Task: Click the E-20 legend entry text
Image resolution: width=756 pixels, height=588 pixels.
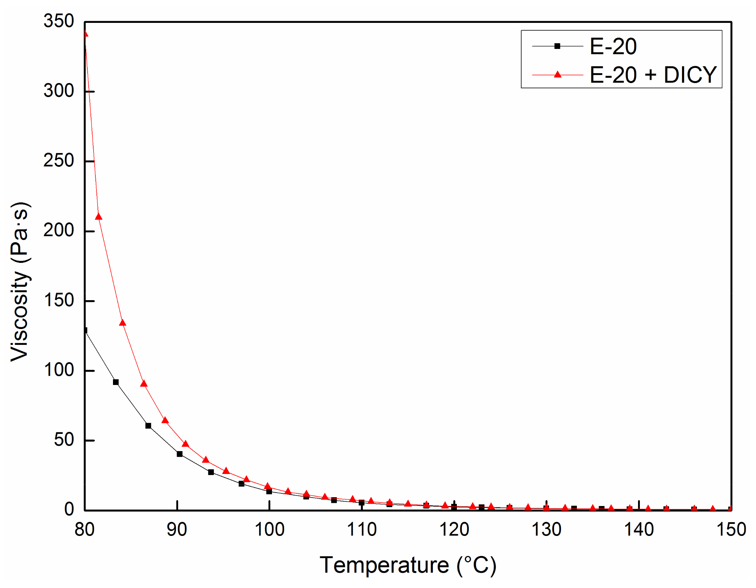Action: pos(613,46)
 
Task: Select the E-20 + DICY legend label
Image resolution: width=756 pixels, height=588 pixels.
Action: pos(653,75)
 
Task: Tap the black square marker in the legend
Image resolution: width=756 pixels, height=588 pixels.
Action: pos(557,46)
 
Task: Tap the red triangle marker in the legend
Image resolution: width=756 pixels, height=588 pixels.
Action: pos(557,74)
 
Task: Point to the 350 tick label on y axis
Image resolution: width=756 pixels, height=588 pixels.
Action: pos(58,21)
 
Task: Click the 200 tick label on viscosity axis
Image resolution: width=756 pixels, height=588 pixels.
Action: pos(58,230)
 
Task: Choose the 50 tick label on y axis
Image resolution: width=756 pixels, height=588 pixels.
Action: pos(64,440)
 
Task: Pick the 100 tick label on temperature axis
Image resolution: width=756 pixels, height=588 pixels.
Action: pos(269,529)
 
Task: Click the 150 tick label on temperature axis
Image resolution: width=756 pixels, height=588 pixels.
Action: pos(731,529)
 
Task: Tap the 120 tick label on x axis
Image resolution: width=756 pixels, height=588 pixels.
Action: pos(454,529)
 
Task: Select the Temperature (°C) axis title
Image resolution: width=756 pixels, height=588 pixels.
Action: pos(408,565)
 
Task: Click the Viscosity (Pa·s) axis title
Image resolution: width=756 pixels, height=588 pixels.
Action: pos(20,282)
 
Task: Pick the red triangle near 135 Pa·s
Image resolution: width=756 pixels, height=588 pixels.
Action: pos(122,323)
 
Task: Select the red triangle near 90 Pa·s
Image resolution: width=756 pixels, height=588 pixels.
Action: pos(144,384)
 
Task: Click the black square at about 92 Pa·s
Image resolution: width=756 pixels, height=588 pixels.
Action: pos(116,382)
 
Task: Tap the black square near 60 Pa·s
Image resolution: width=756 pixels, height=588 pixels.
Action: pos(148,426)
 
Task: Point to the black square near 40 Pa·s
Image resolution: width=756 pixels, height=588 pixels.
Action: pos(179,454)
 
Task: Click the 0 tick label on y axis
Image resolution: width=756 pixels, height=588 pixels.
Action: pos(69,510)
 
